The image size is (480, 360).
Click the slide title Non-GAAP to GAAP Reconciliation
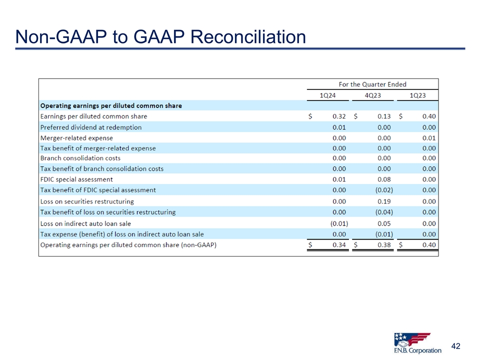coord(160,36)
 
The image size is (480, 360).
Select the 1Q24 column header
coord(327,95)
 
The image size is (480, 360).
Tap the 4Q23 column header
coord(372,95)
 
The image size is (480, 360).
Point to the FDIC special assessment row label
coord(76,179)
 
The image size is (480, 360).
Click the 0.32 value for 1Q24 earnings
coord(339,116)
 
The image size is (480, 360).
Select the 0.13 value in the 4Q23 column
coord(384,116)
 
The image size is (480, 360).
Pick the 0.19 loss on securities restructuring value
coord(384,201)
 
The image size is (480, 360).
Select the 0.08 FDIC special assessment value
coord(384,179)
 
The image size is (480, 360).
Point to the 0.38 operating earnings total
coord(384,245)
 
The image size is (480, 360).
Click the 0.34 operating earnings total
coord(339,245)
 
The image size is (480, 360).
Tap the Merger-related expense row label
coord(76,138)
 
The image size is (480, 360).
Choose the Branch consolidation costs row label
coord(80,158)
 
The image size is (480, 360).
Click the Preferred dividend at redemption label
coord(90,127)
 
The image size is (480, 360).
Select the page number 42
coord(455,346)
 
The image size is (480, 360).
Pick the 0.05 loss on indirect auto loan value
coord(384,223)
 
